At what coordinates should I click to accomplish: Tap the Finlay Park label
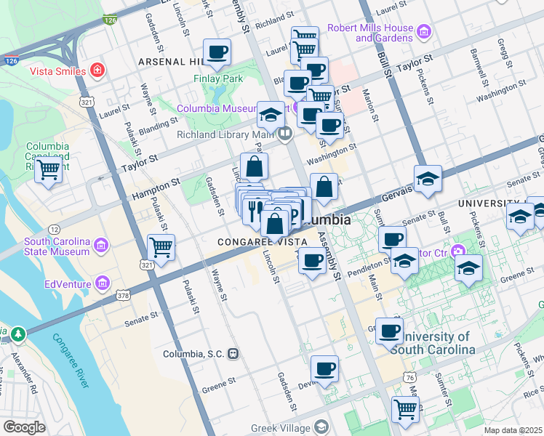coord(217,78)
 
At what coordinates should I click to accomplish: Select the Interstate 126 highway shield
coord(109,22)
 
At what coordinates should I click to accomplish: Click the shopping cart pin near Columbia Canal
coord(49,171)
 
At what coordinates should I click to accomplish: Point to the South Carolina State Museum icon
coord(101,248)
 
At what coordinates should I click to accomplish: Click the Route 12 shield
coord(55,230)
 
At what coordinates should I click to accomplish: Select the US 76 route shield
coord(412,377)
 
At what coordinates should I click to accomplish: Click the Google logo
coord(24,427)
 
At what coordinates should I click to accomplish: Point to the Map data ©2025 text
coord(512,430)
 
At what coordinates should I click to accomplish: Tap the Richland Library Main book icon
coord(284,133)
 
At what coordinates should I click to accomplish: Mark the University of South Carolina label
coord(433,343)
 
